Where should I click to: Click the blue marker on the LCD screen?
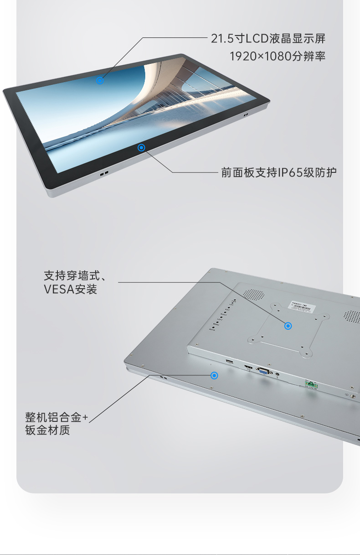(100, 81)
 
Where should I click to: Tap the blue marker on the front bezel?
(141, 147)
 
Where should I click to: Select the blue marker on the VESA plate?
(288, 326)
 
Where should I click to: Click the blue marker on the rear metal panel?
(214, 375)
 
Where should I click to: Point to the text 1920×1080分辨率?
(277, 56)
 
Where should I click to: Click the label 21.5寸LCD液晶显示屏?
(268, 38)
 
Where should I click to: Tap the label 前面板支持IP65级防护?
(279, 172)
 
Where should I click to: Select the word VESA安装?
(71, 289)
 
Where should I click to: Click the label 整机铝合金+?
(56, 417)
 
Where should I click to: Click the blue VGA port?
(263, 371)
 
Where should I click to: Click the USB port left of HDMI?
(229, 362)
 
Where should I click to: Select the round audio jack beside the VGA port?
(278, 375)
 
